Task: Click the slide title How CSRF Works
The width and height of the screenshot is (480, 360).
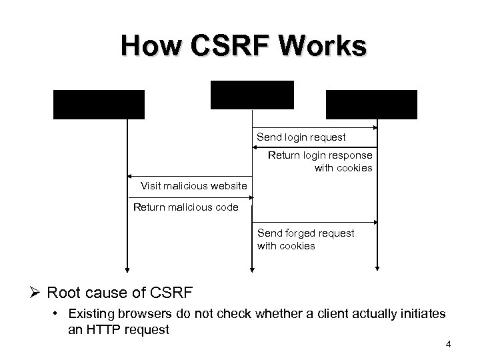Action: [243, 46]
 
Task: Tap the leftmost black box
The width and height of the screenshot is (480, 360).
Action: [99, 104]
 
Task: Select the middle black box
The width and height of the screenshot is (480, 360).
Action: [252, 95]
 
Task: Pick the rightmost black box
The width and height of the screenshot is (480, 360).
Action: [371, 104]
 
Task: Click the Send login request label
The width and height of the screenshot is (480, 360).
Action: [301, 137]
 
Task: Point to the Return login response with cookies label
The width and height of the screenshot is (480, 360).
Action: [320, 162]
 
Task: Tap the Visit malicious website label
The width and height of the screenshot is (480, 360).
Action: [194, 185]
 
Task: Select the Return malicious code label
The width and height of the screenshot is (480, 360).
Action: [185, 207]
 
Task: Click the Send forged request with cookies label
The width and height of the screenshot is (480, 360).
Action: [306, 239]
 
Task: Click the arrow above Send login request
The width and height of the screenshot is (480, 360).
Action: [315, 127]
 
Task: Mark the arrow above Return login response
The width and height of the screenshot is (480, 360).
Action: [315, 148]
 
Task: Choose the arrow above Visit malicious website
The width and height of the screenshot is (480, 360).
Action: [189, 176]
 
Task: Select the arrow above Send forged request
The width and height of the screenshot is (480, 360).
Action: [315, 221]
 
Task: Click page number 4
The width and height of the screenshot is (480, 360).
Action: [448, 345]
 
